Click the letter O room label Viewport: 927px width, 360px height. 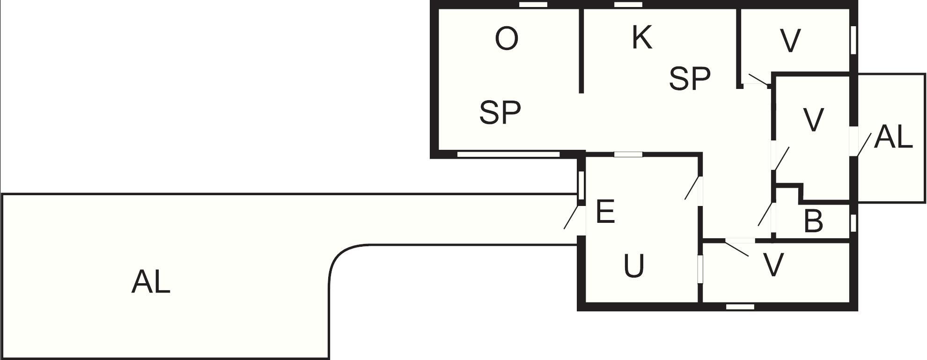pyautogui.click(x=507, y=39)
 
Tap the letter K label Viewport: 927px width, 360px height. pyautogui.click(x=642, y=37)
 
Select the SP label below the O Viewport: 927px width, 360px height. pyautogui.click(x=500, y=112)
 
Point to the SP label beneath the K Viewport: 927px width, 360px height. pyautogui.click(x=690, y=78)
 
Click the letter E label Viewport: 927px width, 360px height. pyautogui.click(x=605, y=211)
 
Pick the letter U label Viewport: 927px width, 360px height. pyautogui.click(x=634, y=266)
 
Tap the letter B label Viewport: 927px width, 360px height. pyautogui.click(x=813, y=221)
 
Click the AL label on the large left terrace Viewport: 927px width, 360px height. pyautogui.click(x=151, y=282)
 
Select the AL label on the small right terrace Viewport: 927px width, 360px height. pyautogui.click(x=893, y=137)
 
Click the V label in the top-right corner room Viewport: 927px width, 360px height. pyautogui.click(x=791, y=41)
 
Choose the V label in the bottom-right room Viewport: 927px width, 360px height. pyautogui.click(x=773, y=265)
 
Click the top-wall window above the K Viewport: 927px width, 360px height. pyautogui.click(x=628, y=5)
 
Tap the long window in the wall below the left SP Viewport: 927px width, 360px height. pyautogui.click(x=508, y=154)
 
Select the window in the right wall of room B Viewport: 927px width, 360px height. pyautogui.click(x=853, y=222)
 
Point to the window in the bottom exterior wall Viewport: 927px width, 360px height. pyautogui.click(x=740, y=307)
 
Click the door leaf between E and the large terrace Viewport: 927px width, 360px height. pyautogui.click(x=571, y=217)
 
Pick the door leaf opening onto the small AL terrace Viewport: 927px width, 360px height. pyautogui.click(x=863, y=144)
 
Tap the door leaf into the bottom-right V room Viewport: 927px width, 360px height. pyautogui.click(x=736, y=248)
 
